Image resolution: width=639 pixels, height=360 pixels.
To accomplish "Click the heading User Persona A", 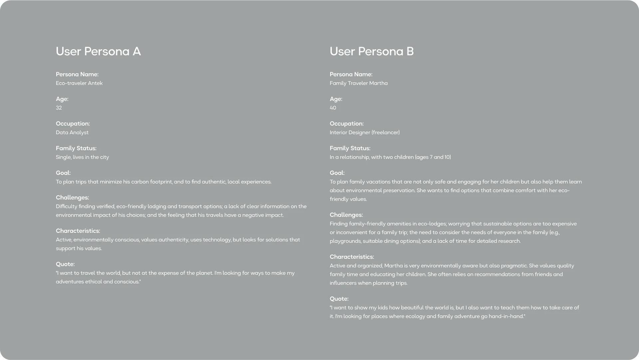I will (98, 51).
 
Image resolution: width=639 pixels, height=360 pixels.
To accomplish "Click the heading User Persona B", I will (371, 51).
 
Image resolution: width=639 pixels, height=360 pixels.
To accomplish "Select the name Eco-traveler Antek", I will (79, 83).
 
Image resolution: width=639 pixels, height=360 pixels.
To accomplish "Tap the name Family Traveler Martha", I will (358, 83).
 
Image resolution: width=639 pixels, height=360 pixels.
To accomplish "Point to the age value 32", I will (59, 108).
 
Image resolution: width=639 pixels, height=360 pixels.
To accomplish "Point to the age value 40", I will (333, 108).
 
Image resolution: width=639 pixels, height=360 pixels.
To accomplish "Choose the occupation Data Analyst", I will (72, 133).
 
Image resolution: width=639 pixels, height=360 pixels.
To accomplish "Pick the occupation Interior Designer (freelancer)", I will (364, 133).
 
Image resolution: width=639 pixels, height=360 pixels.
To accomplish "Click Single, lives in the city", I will (82, 157).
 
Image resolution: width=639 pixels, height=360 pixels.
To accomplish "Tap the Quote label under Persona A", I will (65, 264).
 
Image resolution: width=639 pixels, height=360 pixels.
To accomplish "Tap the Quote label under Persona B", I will (339, 299).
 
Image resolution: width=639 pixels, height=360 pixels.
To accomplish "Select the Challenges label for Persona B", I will (346, 215).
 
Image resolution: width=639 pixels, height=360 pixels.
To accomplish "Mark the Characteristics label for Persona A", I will (78, 231).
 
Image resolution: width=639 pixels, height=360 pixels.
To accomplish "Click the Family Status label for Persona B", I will (350, 148).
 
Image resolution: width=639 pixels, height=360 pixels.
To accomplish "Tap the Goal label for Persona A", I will (63, 173).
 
